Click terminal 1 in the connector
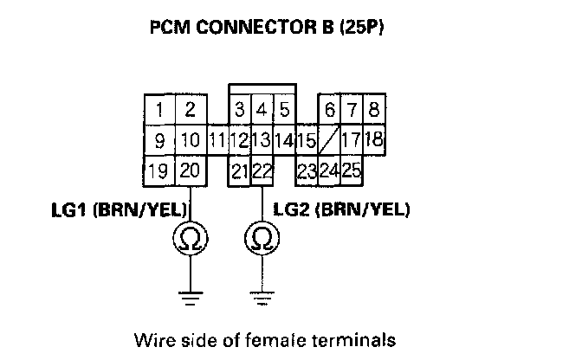[x=160, y=111]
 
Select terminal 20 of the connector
[x=191, y=170]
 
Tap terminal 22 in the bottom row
[x=262, y=171]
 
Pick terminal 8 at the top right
[x=373, y=111]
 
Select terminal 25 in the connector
[x=351, y=170]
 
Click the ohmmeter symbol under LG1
[x=191, y=238]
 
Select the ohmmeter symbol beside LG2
[x=262, y=238]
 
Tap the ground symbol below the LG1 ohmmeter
[x=191, y=299]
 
